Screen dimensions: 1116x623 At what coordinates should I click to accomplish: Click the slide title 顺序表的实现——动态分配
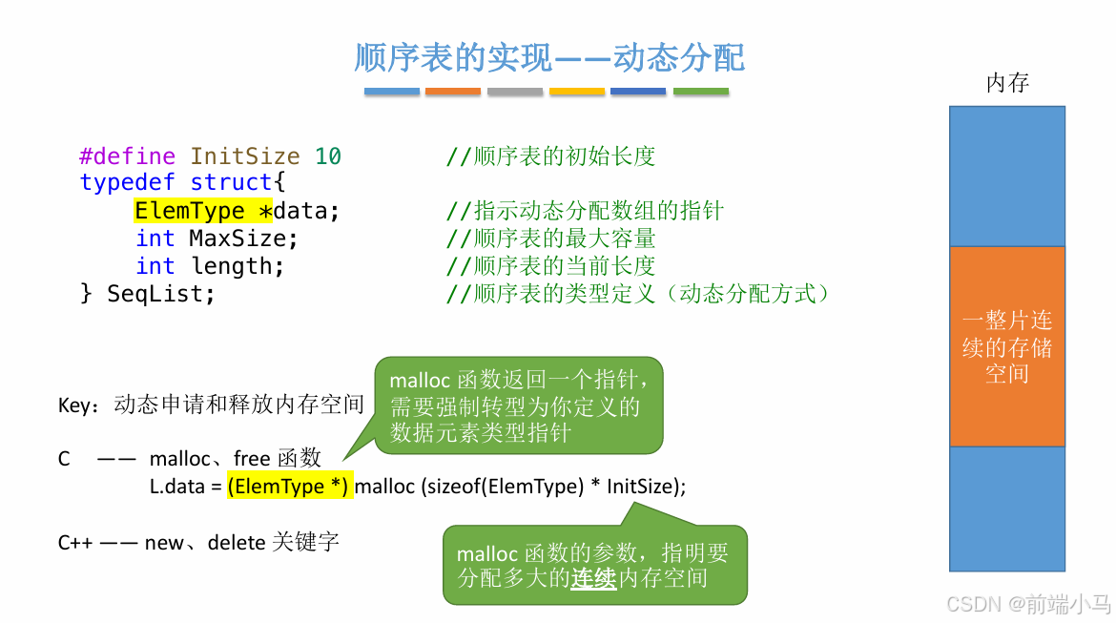click(x=548, y=58)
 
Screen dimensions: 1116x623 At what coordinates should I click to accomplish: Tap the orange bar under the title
click(x=453, y=92)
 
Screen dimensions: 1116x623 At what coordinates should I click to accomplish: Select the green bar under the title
click(x=700, y=92)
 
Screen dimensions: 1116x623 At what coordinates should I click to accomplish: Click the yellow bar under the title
click(x=577, y=92)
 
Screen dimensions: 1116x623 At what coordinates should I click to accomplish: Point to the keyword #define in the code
click(x=127, y=156)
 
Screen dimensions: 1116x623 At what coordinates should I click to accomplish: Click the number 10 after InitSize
click(x=328, y=156)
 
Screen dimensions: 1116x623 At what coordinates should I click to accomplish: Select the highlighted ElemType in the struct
click(x=190, y=211)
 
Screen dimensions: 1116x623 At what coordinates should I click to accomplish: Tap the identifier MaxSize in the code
click(x=243, y=239)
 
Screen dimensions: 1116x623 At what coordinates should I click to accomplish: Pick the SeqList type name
click(x=160, y=294)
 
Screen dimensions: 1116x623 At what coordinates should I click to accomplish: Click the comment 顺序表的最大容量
click(x=564, y=239)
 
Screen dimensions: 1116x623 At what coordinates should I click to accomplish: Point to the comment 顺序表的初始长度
click(x=564, y=156)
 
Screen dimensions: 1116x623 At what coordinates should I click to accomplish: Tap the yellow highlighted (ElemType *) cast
click(x=290, y=487)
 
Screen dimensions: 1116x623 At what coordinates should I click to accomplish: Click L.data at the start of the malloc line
click(x=178, y=487)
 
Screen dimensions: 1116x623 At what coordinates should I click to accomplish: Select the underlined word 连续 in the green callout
click(x=593, y=577)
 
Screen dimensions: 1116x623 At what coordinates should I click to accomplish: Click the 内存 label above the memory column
click(x=1007, y=83)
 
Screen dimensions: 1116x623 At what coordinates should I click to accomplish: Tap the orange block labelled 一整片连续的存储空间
click(x=1007, y=346)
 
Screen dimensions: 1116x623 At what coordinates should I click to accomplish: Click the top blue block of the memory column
click(x=1007, y=176)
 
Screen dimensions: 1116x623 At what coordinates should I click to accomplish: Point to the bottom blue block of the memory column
click(x=1007, y=509)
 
